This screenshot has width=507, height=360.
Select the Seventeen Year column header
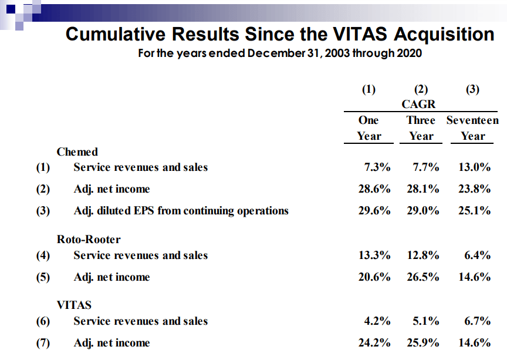coord(472,128)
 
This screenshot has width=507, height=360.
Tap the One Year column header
coord(369,128)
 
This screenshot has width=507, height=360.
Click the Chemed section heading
coord(77,152)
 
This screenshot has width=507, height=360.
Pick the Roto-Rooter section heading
coord(89,240)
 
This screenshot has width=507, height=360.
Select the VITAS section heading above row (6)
coord(74,305)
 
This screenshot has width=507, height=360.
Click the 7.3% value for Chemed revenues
coord(377,167)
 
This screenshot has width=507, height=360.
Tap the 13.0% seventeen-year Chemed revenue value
coord(474,167)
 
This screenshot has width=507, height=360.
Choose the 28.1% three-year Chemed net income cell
coord(422,189)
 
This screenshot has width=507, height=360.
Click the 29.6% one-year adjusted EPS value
coord(374,211)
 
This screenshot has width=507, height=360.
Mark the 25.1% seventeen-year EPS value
coord(474,211)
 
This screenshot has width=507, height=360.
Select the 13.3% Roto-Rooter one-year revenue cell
coord(374,255)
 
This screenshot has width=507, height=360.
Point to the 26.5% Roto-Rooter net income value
coord(422,277)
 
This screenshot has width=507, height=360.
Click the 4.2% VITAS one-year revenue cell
coord(377,321)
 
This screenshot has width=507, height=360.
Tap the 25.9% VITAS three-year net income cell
coord(422,343)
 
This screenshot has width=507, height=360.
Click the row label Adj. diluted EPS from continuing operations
coord(181,211)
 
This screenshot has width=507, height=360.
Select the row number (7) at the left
coord(43,343)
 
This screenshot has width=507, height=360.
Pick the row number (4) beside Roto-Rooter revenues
coord(43,255)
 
